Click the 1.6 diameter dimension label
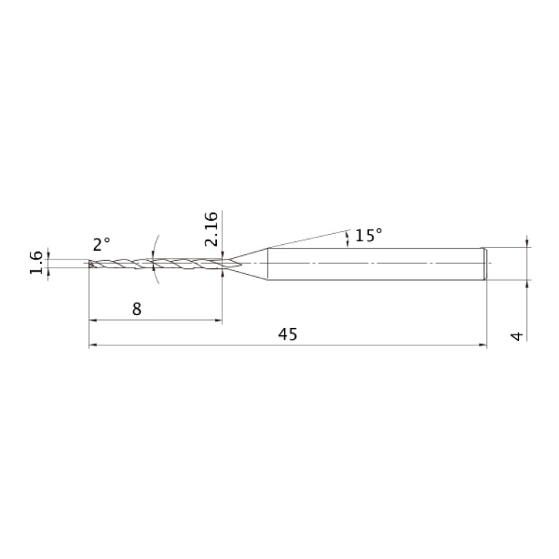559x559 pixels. coord(36,263)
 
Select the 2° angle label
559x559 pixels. coord(101,244)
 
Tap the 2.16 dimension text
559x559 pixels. coord(211,229)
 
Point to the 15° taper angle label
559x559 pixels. coord(369,235)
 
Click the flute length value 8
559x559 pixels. coord(136,309)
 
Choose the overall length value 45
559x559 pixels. coord(287,335)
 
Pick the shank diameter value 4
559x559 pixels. coord(517,336)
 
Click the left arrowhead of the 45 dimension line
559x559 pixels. coord(93,345)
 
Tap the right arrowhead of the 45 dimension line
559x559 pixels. coord(482,345)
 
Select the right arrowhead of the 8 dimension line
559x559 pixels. coord(218,320)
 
